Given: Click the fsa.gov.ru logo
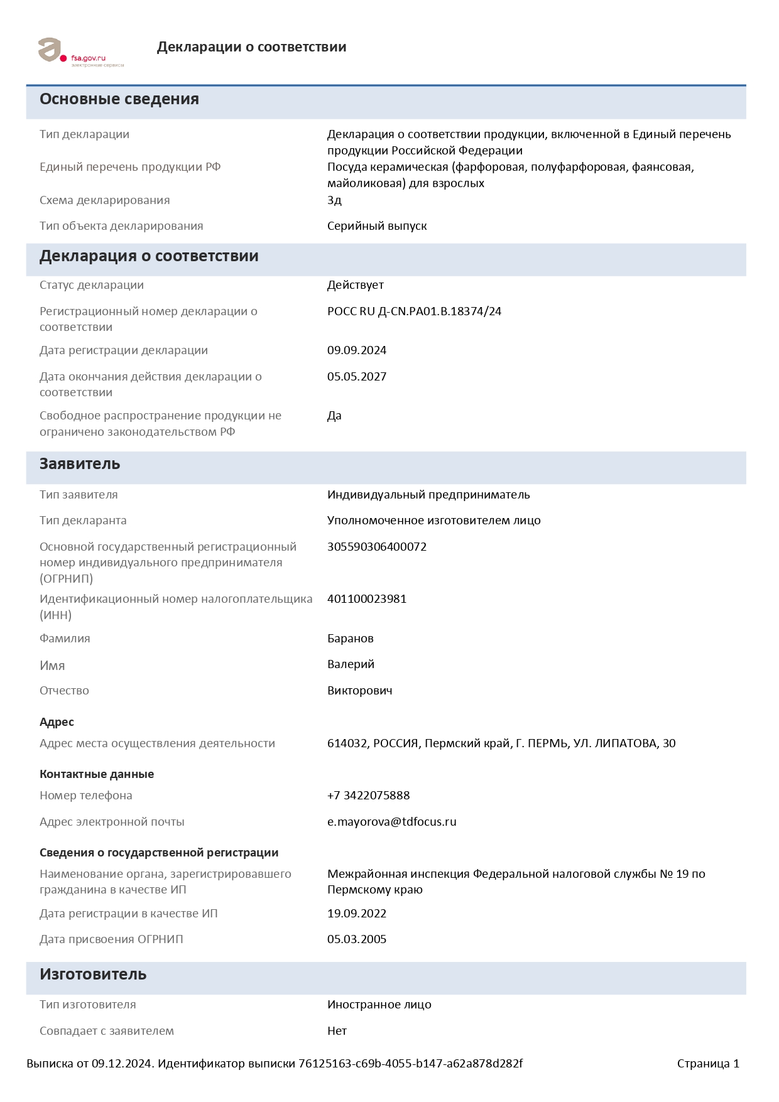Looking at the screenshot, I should click(80, 51).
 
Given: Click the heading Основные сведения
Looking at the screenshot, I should click(119, 99).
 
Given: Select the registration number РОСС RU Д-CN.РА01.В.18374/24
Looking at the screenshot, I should click(414, 311).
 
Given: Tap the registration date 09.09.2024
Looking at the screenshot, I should click(357, 350).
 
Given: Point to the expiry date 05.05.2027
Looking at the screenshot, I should click(357, 377).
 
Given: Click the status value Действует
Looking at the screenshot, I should click(355, 285).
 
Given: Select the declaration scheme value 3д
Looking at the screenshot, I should click(334, 200).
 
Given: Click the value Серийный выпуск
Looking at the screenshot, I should click(377, 226).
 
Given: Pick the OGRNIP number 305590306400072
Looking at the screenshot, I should click(377, 547).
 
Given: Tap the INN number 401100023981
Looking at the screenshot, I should click(367, 599).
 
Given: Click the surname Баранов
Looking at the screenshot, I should click(351, 639).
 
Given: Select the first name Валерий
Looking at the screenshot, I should click(351, 664).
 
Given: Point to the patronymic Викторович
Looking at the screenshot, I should click(359, 691).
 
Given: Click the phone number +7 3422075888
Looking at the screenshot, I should click(368, 796).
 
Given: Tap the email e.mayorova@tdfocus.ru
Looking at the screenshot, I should click(392, 822).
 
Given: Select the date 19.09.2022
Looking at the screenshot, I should click(357, 914).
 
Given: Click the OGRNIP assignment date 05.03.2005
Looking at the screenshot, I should click(357, 939).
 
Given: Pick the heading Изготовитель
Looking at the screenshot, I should click(93, 975).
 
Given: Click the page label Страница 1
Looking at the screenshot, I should click(708, 1064).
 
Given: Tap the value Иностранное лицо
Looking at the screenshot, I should click(379, 1005).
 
